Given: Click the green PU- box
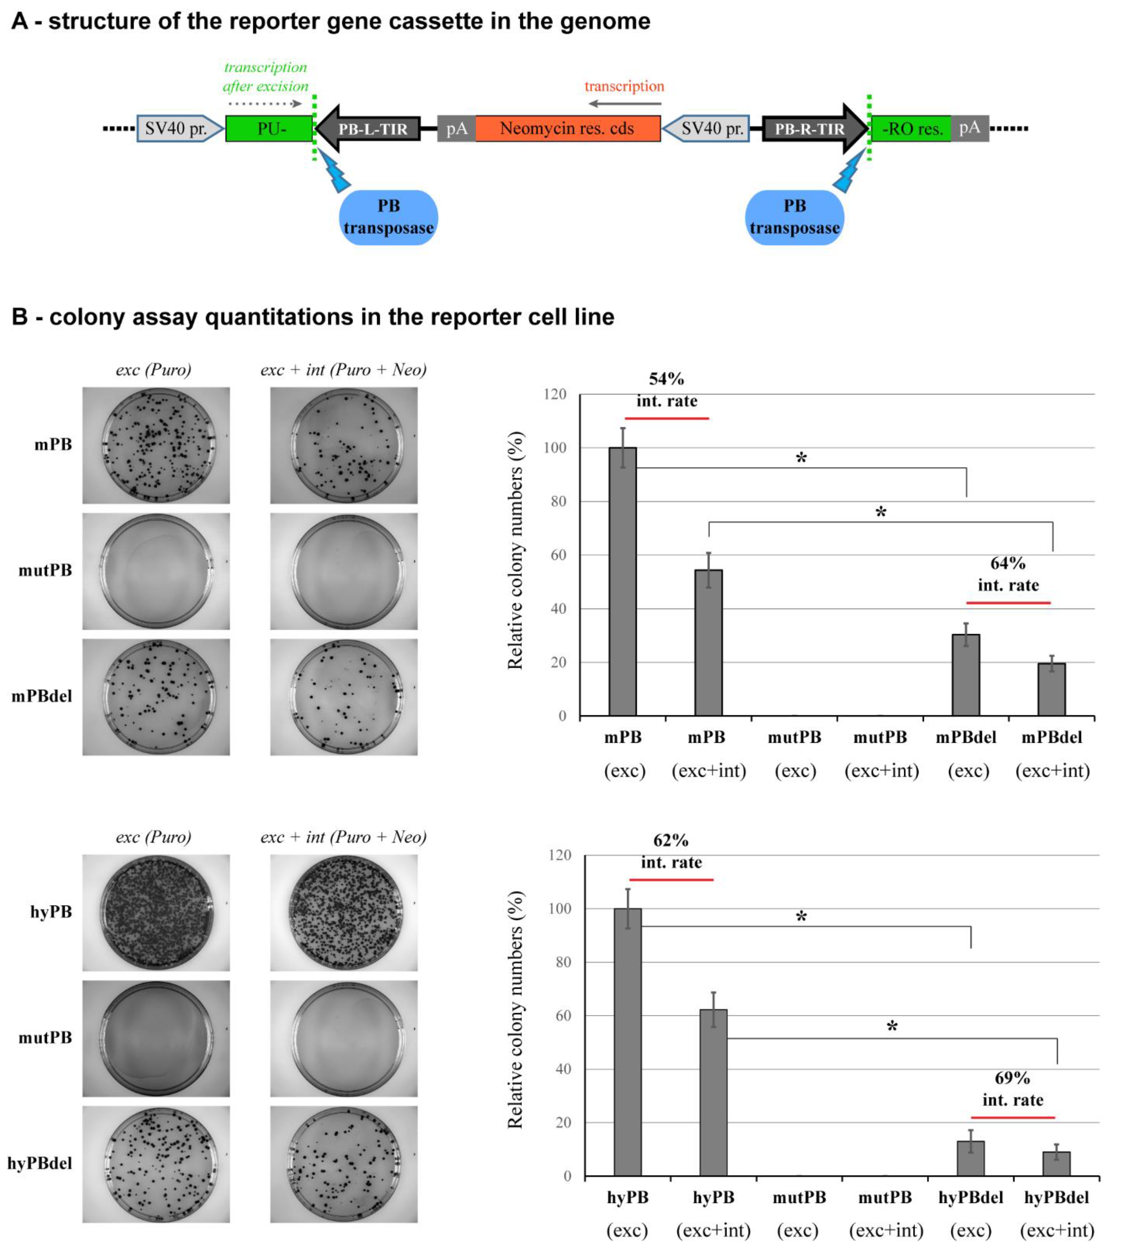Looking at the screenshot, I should [x=270, y=128].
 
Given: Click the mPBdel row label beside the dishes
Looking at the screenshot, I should [x=42, y=696].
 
